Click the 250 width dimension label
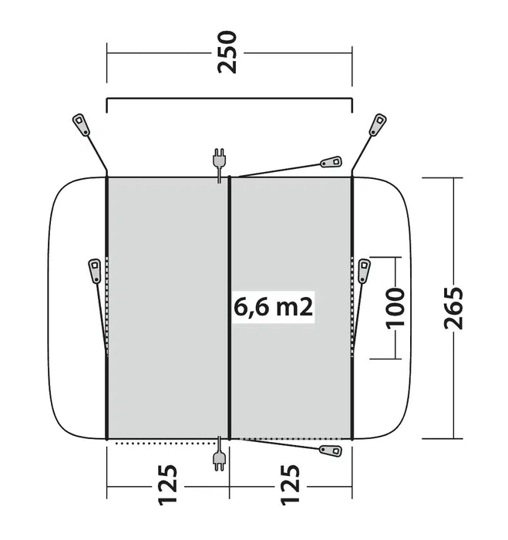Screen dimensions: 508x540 [227, 52]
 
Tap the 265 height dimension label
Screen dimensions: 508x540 [453, 308]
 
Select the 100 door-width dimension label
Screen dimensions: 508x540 [395, 308]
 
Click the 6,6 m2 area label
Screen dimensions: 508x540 [274, 307]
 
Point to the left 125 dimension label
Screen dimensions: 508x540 [167, 485]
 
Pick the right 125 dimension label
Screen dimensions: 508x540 [290, 485]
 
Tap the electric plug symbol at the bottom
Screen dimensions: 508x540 [219, 454]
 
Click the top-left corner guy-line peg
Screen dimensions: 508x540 [81, 124]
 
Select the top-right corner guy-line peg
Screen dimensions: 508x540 [378, 124]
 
